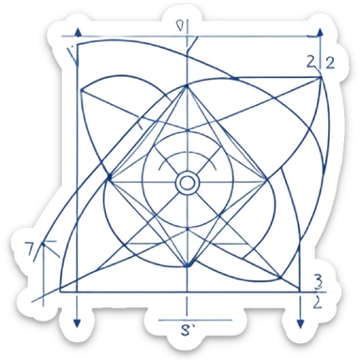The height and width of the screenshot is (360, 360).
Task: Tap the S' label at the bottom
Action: pos(187,329)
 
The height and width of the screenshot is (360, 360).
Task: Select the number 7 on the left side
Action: pos(30,247)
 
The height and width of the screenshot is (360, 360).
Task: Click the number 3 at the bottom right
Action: pos(318,278)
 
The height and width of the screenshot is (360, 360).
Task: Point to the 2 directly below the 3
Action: pos(318,301)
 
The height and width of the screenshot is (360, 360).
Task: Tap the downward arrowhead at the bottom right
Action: pos(300,323)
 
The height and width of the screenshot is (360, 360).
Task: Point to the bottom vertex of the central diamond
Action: pos(187,266)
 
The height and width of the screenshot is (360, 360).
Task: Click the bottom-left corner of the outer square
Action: pos(62,291)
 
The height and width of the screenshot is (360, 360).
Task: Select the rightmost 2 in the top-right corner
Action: pos(329,63)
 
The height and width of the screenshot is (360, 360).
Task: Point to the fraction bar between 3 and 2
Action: pos(318,290)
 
